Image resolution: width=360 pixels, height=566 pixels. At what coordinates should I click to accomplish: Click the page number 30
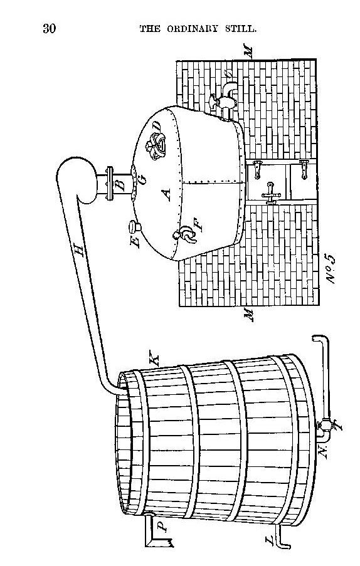50,28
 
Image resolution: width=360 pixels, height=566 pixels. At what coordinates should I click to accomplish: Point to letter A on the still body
166,194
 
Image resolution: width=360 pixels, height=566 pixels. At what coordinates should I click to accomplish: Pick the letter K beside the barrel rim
154,360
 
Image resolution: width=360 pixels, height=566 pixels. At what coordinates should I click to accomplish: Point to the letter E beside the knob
134,242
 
